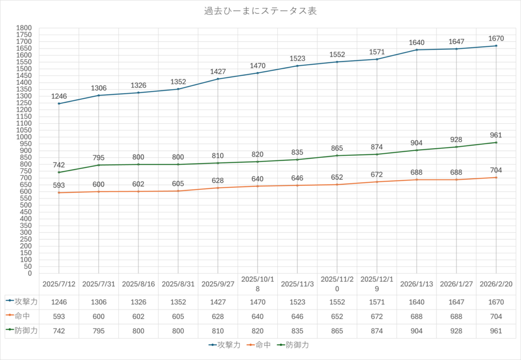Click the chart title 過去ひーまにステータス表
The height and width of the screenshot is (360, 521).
[260, 11]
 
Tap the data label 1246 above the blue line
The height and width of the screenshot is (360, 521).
[59, 96]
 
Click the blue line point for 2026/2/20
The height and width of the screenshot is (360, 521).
[496, 46]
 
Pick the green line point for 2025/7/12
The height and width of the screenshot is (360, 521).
[59, 172]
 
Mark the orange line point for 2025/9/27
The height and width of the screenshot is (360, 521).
[218, 188]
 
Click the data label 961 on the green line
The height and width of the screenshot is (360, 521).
[496, 135]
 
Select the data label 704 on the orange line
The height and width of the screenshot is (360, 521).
[496, 171]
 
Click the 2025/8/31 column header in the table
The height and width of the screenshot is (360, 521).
[178, 284]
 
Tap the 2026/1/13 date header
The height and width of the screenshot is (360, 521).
[417, 284]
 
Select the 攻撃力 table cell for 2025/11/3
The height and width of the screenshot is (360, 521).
[297, 302]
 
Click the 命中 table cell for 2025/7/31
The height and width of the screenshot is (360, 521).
[99, 316]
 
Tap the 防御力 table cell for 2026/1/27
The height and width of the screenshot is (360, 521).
[456, 331]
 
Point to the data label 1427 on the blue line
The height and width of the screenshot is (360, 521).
[218, 72]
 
